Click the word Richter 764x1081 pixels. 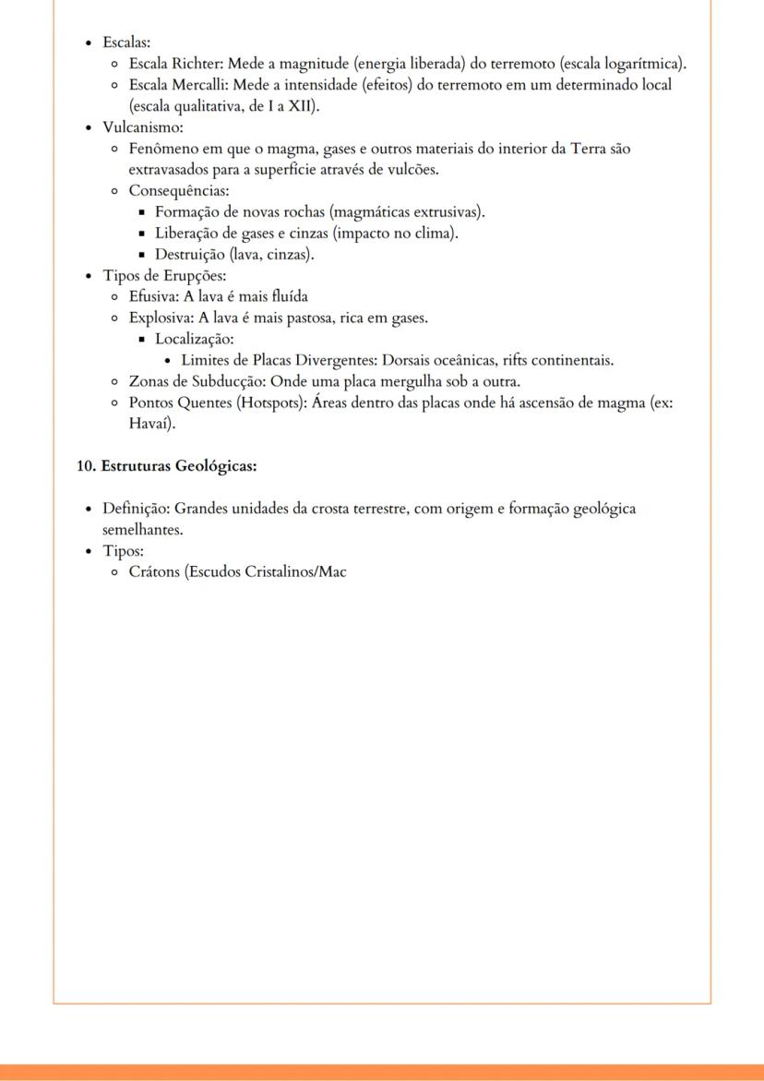pyautogui.click(x=195, y=63)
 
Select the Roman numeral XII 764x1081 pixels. pyautogui.click(x=300, y=106)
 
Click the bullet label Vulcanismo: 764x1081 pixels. pyautogui.click(x=142, y=127)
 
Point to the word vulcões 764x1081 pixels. pyautogui.click(x=409, y=170)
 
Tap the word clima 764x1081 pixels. pyautogui.click(x=435, y=234)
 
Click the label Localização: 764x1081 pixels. pyautogui.click(x=194, y=339)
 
